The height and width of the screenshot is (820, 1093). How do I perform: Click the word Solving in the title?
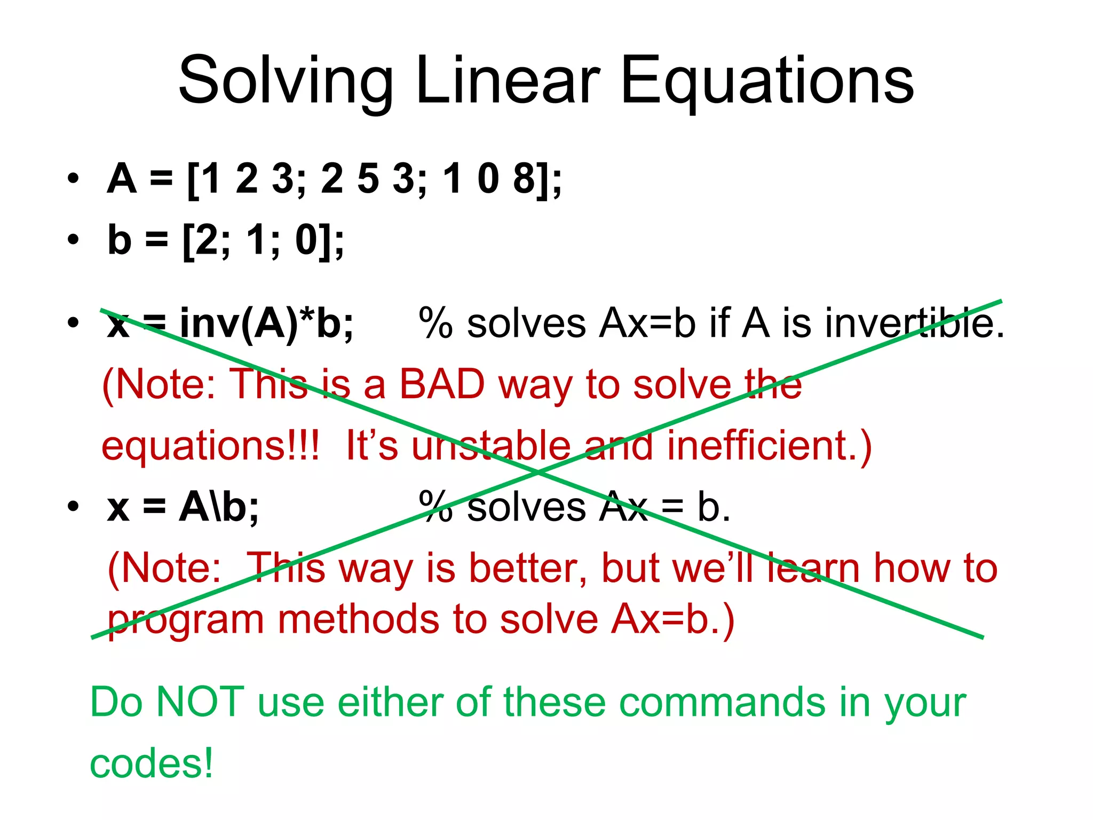coord(286,82)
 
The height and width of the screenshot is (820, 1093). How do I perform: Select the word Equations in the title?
coord(767,82)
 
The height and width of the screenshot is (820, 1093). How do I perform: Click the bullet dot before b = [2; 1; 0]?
coord(73,240)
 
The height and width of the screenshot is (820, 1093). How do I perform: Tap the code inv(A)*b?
coord(266,323)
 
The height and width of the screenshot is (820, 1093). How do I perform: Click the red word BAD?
coord(442,384)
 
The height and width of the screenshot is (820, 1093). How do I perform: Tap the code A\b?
coord(219,507)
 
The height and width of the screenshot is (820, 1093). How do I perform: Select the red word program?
coord(186,621)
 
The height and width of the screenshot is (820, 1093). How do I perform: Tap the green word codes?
coord(151,763)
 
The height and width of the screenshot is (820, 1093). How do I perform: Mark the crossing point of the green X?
coord(538,472)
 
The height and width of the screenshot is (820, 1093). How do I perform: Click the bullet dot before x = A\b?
coord(73,506)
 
